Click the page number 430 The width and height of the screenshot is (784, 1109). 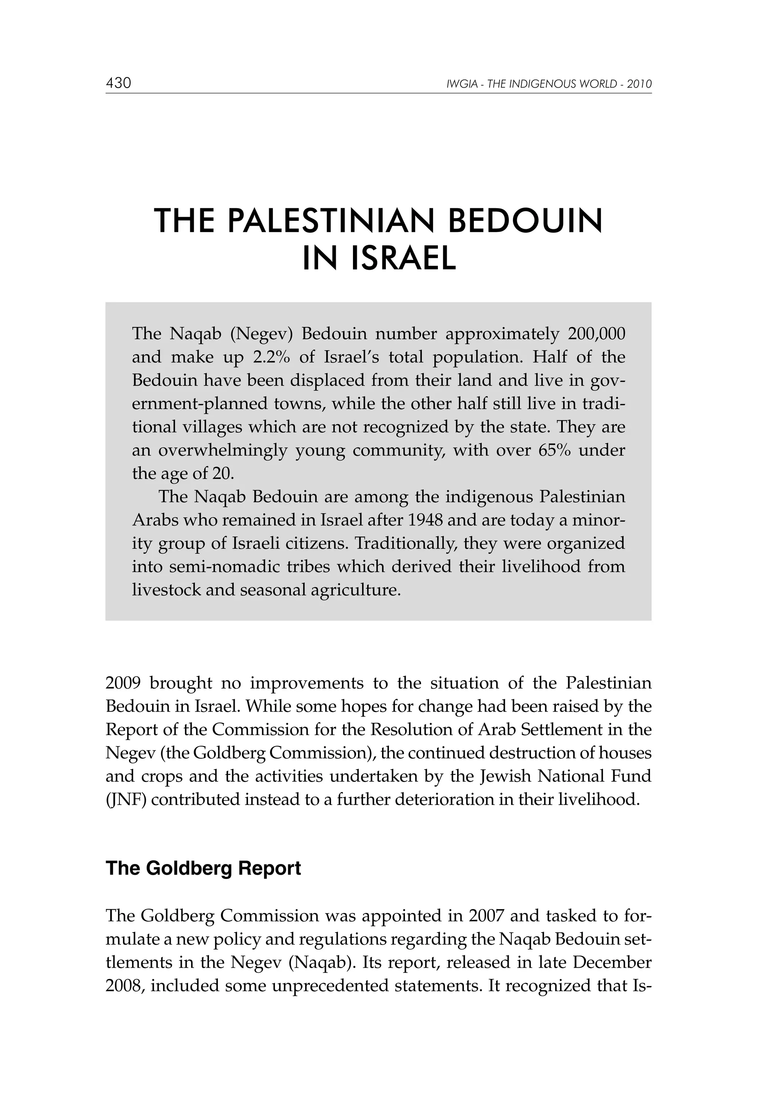pos(118,83)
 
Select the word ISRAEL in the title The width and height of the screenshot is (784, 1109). pos(403,258)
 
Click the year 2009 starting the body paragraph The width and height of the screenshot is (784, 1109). pos(123,683)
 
